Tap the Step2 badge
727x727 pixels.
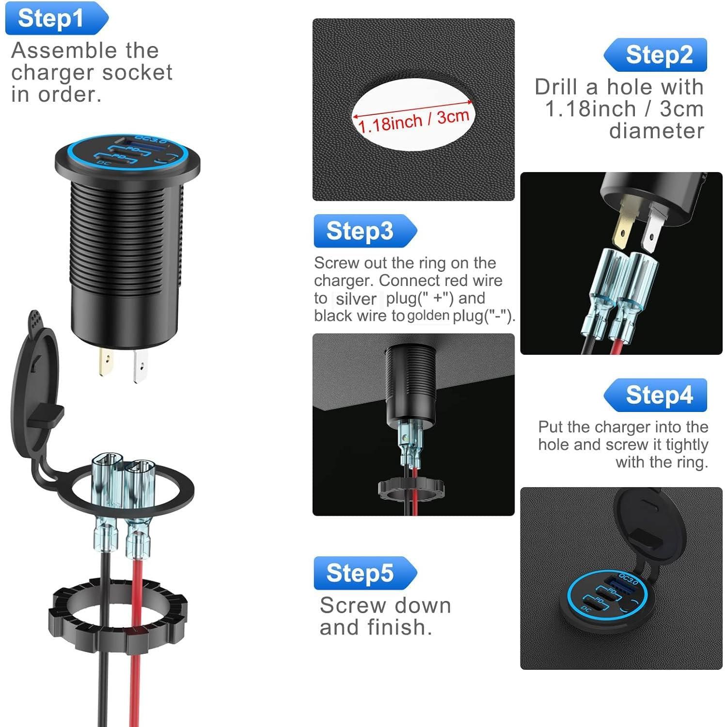pos(657,55)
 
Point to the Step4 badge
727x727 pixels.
pos(657,395)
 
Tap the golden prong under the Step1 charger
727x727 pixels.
pos(106,362)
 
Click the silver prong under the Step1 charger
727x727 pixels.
pos(140,366)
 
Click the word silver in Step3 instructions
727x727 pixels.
pos(356,299)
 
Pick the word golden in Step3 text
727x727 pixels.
pos(428,316)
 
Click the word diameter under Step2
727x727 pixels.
pos(656,131)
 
